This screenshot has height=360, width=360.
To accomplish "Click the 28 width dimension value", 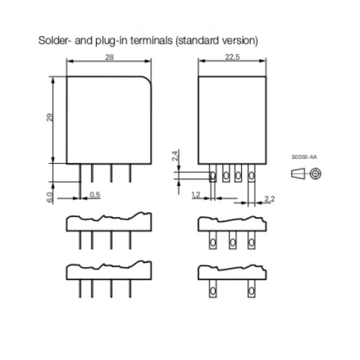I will tap(109, 57).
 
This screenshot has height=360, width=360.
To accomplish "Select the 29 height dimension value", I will tap(50, 118).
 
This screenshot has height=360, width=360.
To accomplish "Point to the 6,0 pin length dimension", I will tap(50, 197).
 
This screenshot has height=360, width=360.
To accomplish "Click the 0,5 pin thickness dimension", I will tap(95, 194).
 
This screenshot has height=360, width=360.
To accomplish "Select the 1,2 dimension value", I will tap(195, 194).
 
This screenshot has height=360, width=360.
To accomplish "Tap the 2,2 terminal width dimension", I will tap(270, 199).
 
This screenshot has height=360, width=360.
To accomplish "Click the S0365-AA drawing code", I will tap(304, 158).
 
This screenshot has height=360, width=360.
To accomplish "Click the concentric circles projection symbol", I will tap(316, 174).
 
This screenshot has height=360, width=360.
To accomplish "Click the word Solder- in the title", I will tap(53, 41).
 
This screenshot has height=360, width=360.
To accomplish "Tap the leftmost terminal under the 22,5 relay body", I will tap(213, 177).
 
